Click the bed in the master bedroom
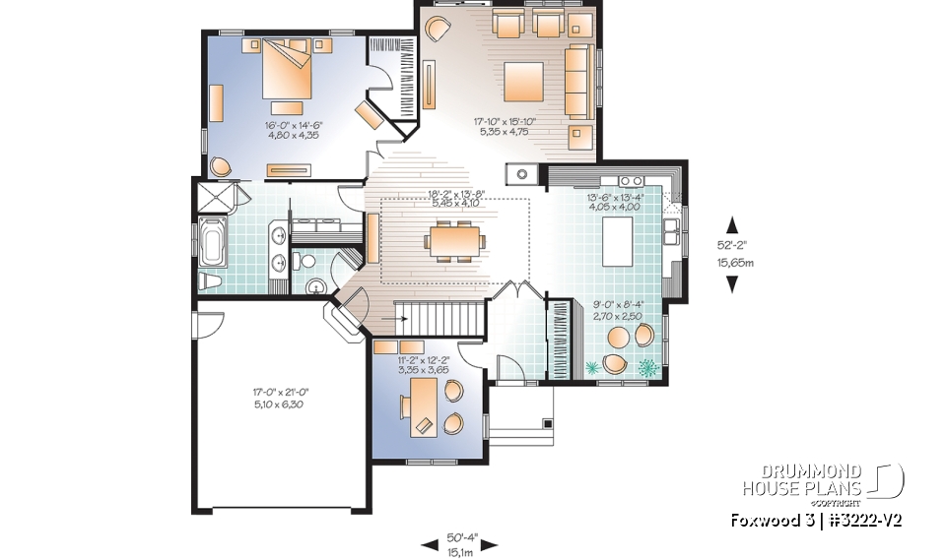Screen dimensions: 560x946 click(x=290, y=69)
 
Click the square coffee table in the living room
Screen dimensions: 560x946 click(x=523, y=79)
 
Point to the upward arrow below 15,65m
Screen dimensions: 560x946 click(x=732, y=283)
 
